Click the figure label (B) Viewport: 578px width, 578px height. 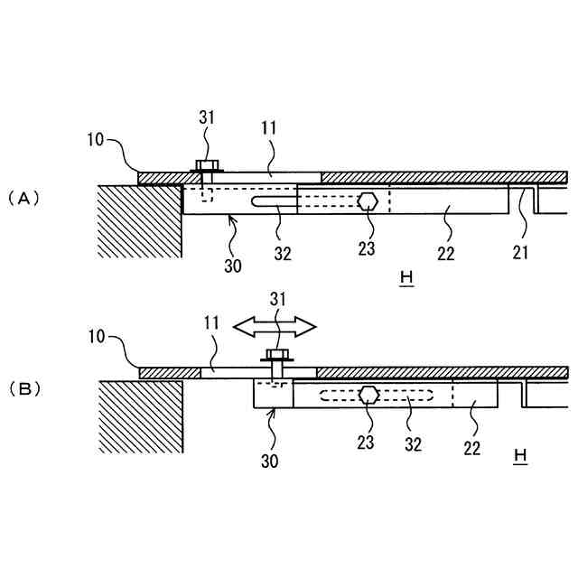pos(23,389)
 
